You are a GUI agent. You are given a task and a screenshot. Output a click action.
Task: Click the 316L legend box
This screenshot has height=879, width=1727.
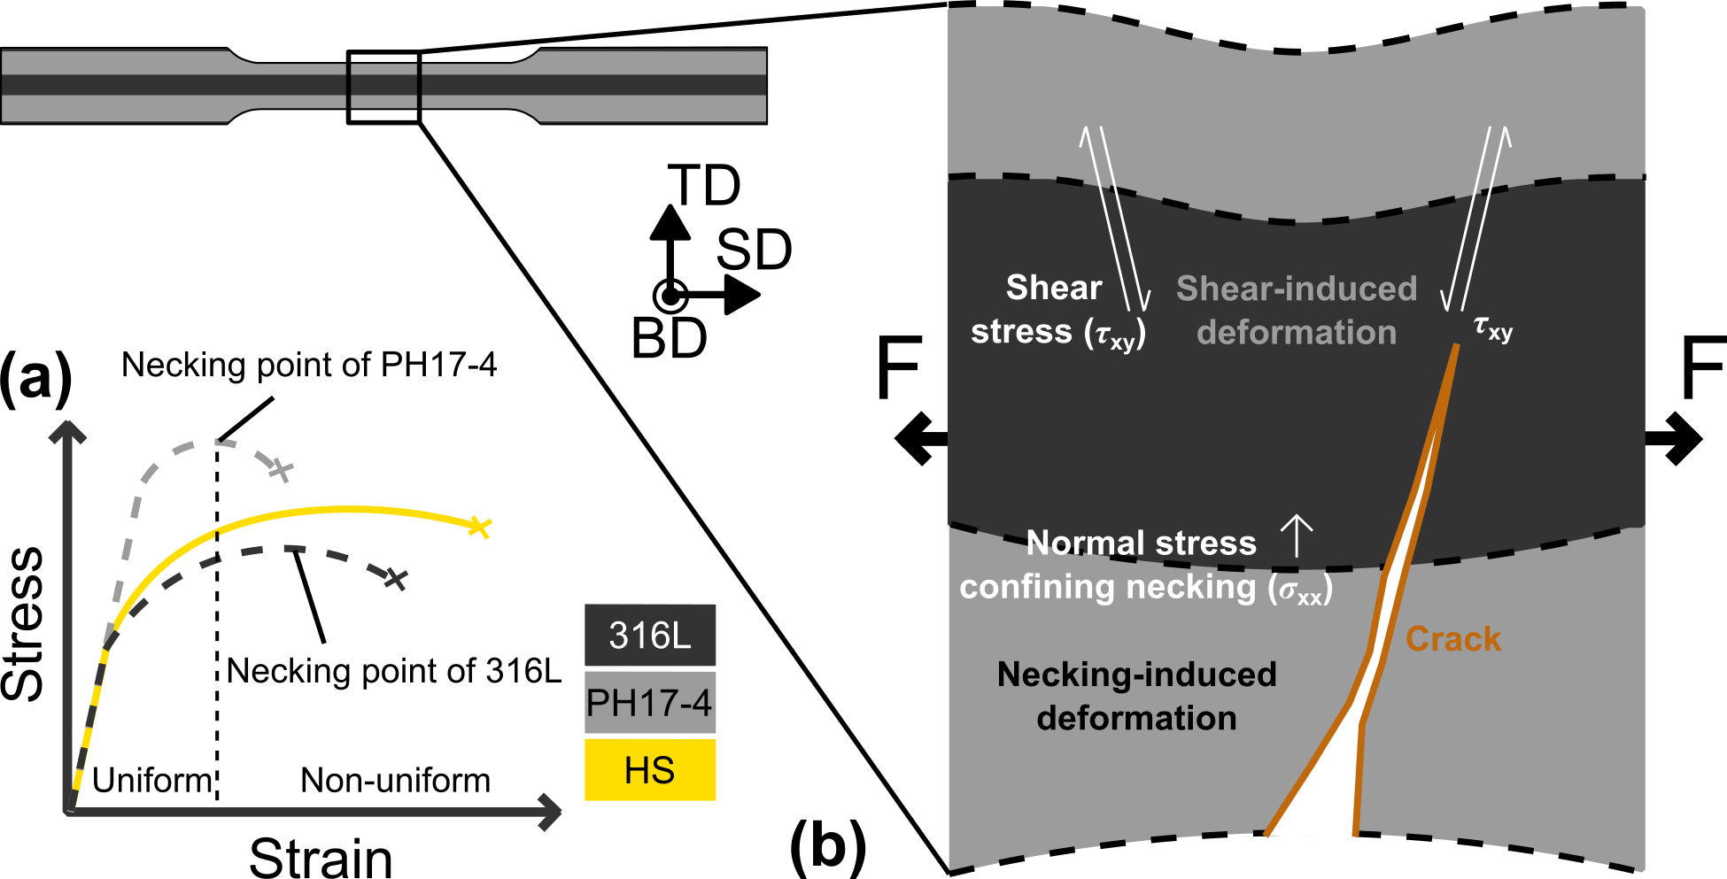click(649, 635)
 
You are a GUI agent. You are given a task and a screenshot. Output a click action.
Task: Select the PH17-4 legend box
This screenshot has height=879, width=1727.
click(649, 703)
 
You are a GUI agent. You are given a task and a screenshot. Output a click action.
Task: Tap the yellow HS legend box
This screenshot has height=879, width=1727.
click(649, 770)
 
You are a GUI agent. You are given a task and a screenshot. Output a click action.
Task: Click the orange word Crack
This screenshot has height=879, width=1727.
click(1452, 639)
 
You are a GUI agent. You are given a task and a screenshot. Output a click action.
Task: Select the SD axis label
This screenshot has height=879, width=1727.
click(754, 250)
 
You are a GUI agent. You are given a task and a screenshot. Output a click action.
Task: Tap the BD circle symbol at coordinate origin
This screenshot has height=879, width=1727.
click(670, 296)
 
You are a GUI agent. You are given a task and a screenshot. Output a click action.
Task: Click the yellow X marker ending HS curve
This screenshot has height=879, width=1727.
click(478, 527)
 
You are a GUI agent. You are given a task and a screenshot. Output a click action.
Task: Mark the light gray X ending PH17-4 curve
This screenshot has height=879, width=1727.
click(281, 470)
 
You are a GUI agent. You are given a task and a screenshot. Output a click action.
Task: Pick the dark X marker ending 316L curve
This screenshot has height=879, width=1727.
click(396, 579)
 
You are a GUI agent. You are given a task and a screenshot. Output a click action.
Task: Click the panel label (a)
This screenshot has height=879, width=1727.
click(35, 379)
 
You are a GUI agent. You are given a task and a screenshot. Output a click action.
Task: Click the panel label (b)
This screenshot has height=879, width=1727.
click(827, 845)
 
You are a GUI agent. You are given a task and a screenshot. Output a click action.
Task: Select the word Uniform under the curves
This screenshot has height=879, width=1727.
click(152, 781)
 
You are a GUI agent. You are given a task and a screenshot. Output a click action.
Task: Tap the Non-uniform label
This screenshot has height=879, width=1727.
click(395, 781)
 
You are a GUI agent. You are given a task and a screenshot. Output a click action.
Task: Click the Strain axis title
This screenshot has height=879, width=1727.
click(321, 857)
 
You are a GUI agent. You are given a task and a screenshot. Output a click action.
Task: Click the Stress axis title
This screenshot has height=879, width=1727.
click(23, 623)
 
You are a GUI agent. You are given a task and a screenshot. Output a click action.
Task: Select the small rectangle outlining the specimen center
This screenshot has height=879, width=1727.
click(383, 87)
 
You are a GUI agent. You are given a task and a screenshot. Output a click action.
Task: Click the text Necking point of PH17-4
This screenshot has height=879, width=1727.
click(308, 365)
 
